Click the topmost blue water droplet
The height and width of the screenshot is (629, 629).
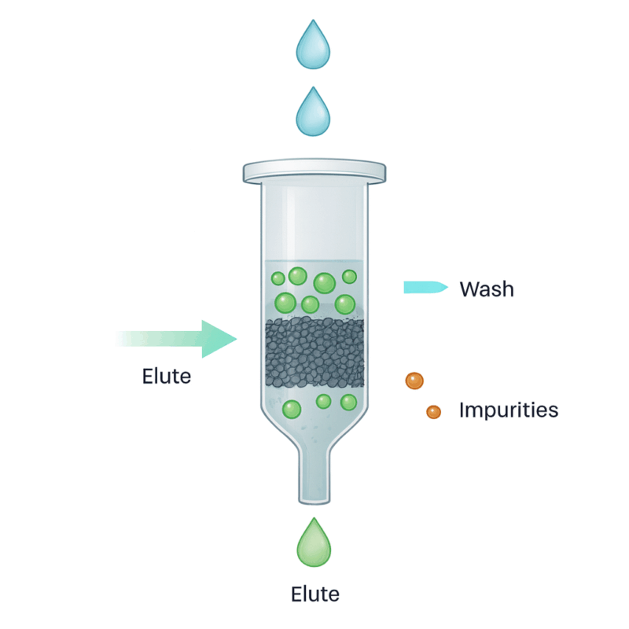click(313, 45)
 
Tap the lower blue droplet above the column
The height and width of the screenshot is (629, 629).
click(313, 112)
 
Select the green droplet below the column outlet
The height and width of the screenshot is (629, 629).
click(314, 545)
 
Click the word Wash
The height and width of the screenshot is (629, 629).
click(487, 289)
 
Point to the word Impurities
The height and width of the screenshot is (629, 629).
click(508, 410)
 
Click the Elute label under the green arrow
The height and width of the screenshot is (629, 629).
click(167, 376)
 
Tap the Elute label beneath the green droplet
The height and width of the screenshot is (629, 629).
click(314, 594)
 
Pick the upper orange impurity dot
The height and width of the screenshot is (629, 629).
click(414, 381)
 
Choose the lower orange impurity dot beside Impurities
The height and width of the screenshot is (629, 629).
click(433, 411)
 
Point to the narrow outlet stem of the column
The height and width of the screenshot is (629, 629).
click(314, 476)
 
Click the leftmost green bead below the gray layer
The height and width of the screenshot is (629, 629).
click(292, 409)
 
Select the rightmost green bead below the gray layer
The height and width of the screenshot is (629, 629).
click(348, 403)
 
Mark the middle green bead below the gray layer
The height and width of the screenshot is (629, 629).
click(323, 402)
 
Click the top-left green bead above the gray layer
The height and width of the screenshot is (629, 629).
click(278, 278)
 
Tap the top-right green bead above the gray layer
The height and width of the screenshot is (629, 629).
click(349, 277)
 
